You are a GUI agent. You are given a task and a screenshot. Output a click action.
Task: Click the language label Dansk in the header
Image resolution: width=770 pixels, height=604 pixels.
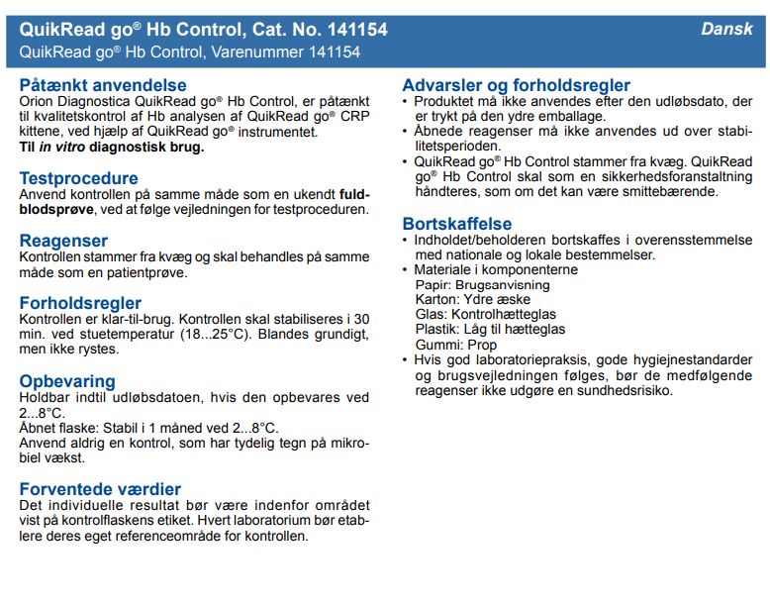[x=726, y=29]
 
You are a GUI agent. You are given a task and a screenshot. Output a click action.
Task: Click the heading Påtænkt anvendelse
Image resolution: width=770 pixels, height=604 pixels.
[x=103, y=85]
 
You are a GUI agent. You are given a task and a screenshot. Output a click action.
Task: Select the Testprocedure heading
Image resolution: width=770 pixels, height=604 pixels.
[x=79, y=178]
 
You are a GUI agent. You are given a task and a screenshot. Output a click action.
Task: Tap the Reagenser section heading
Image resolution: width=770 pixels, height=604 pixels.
[x=63, y=241]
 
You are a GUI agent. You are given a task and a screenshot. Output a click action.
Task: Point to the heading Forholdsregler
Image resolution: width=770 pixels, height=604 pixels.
[x=80, y=303]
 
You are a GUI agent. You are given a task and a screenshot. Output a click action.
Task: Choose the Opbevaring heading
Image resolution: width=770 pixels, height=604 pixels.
[x=67, y=381]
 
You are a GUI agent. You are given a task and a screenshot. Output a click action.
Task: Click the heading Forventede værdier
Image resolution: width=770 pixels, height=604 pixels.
[x=100, y=489]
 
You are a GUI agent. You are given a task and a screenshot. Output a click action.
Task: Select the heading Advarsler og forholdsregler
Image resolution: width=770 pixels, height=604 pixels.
[x=516, y=85]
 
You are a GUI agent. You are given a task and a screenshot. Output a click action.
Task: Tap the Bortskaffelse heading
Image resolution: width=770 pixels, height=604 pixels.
[x=456, y=224]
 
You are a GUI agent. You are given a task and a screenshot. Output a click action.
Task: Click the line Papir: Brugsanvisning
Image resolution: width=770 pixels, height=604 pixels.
[x=482, y=285]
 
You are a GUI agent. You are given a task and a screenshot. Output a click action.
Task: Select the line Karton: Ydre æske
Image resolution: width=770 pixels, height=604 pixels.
[x=473, y=300]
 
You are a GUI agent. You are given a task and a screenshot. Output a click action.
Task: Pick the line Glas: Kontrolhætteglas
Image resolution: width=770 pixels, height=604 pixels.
[x=480, y=315]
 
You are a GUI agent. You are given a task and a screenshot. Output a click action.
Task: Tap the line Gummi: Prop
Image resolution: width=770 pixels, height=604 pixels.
[x=456, y=345]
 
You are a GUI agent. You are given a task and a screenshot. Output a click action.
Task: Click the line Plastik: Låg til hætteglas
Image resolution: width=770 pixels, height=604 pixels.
[x=490, y=330]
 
